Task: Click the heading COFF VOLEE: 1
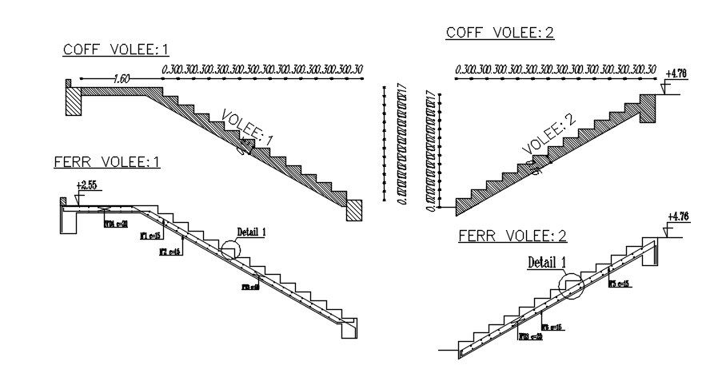pos(116,50)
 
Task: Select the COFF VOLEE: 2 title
pos(500,33)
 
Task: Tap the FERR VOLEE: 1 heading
pos(107,162)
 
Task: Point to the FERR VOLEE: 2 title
pos(513,236)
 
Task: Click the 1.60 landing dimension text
pos(122,79)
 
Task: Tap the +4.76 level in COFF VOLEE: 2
pos(676,74)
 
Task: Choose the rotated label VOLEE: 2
pos(548,134)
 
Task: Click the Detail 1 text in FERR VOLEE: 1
pos(252,232)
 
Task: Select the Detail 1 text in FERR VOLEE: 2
pos(547,261)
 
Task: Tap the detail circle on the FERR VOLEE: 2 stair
pos(572,284)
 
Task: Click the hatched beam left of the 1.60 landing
pos(74,101)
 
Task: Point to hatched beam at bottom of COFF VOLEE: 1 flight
pos(354,209)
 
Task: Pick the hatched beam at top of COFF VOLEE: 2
pos(648,109)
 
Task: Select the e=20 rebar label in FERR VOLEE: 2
pos(530,336)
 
